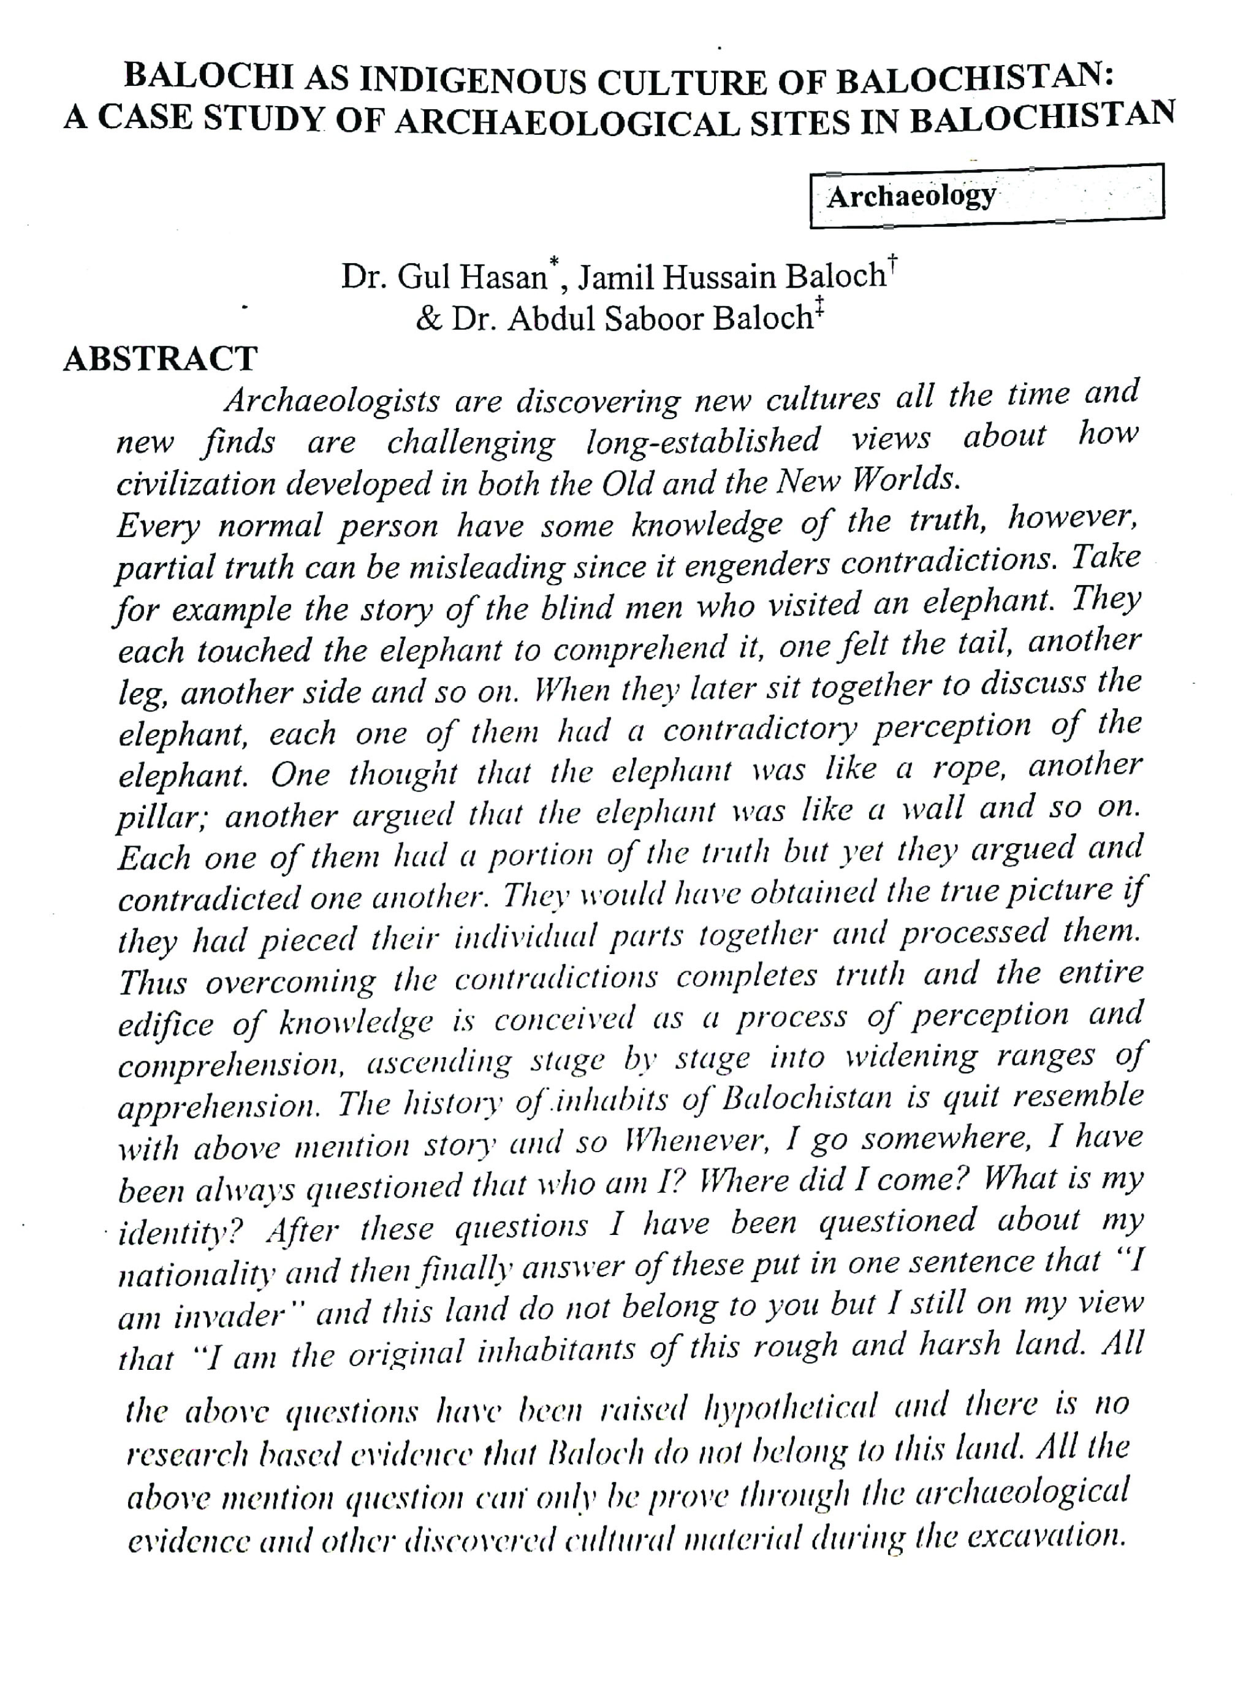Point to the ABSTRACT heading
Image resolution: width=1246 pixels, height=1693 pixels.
160,359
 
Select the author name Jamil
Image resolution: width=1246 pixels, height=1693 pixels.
616,278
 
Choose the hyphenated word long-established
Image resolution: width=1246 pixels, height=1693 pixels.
703,441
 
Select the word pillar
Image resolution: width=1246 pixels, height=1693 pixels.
161,819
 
